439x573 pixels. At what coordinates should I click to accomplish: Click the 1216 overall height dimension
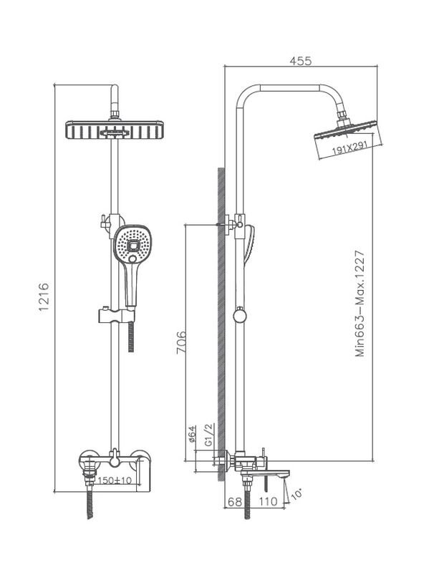[44, 297]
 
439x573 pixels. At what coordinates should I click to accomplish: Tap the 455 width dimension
[301, 61]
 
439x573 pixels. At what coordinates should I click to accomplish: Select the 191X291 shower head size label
[349, 148]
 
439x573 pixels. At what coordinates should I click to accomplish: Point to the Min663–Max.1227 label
[360, 304]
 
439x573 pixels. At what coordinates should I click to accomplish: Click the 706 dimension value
[181, 342]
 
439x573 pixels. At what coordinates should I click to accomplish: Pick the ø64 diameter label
[193, 434]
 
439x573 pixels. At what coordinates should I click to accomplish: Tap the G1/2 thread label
[208, 435]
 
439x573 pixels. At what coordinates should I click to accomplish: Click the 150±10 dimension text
[115, 480]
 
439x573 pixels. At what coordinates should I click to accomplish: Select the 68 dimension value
[235, 502]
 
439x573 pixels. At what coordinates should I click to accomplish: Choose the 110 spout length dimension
[269, 502]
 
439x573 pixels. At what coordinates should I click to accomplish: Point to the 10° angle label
[297, 493]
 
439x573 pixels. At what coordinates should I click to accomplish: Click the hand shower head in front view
[132, 244]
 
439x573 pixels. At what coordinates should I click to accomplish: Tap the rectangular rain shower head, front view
[115, 130]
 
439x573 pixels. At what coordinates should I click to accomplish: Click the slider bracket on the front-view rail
[117, 316]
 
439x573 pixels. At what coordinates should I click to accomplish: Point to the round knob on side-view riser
[240, 316]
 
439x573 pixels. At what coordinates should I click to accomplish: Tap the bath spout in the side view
[266, 474]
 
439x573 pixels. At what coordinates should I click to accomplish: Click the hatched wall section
[221, 325]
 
